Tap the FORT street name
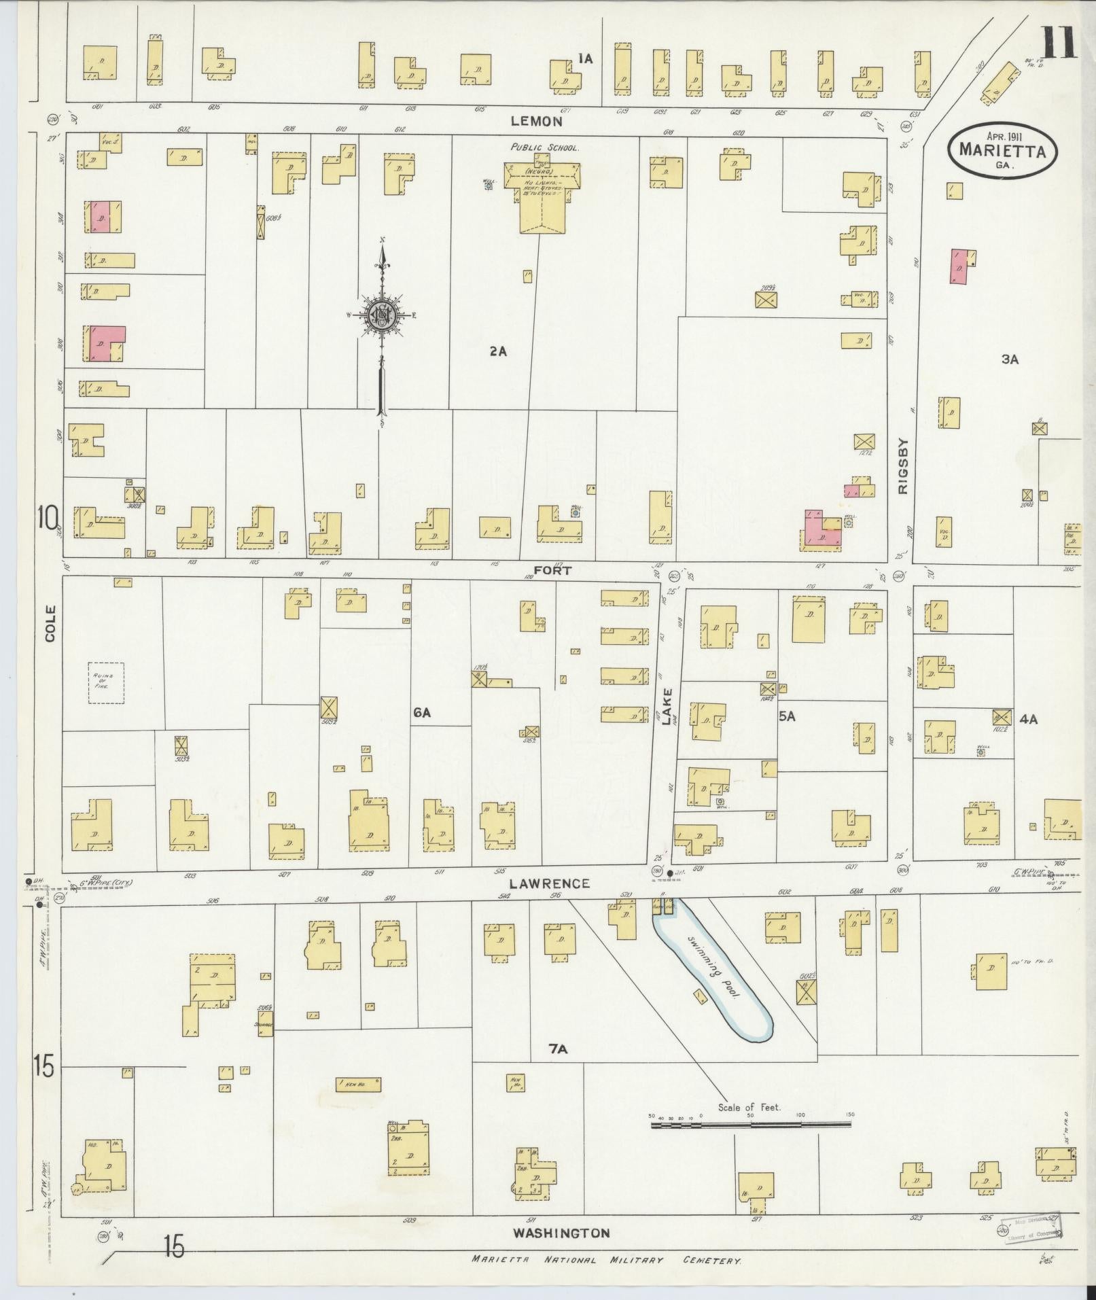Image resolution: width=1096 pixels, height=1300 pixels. coord(551,572)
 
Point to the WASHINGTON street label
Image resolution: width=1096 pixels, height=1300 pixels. coord(561,1233)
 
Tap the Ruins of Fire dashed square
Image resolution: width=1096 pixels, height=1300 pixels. coord(107,683)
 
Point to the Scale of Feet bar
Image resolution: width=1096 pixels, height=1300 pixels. coord(751,1125)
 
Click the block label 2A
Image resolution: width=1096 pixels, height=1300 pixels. coord(497,351)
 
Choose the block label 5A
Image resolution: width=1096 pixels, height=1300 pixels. coord(787,716)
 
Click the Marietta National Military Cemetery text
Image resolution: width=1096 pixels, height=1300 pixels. coord(606,1260)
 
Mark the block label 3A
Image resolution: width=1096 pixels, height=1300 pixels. coord(1010,359)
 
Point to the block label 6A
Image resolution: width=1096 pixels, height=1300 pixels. coord(422,712)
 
